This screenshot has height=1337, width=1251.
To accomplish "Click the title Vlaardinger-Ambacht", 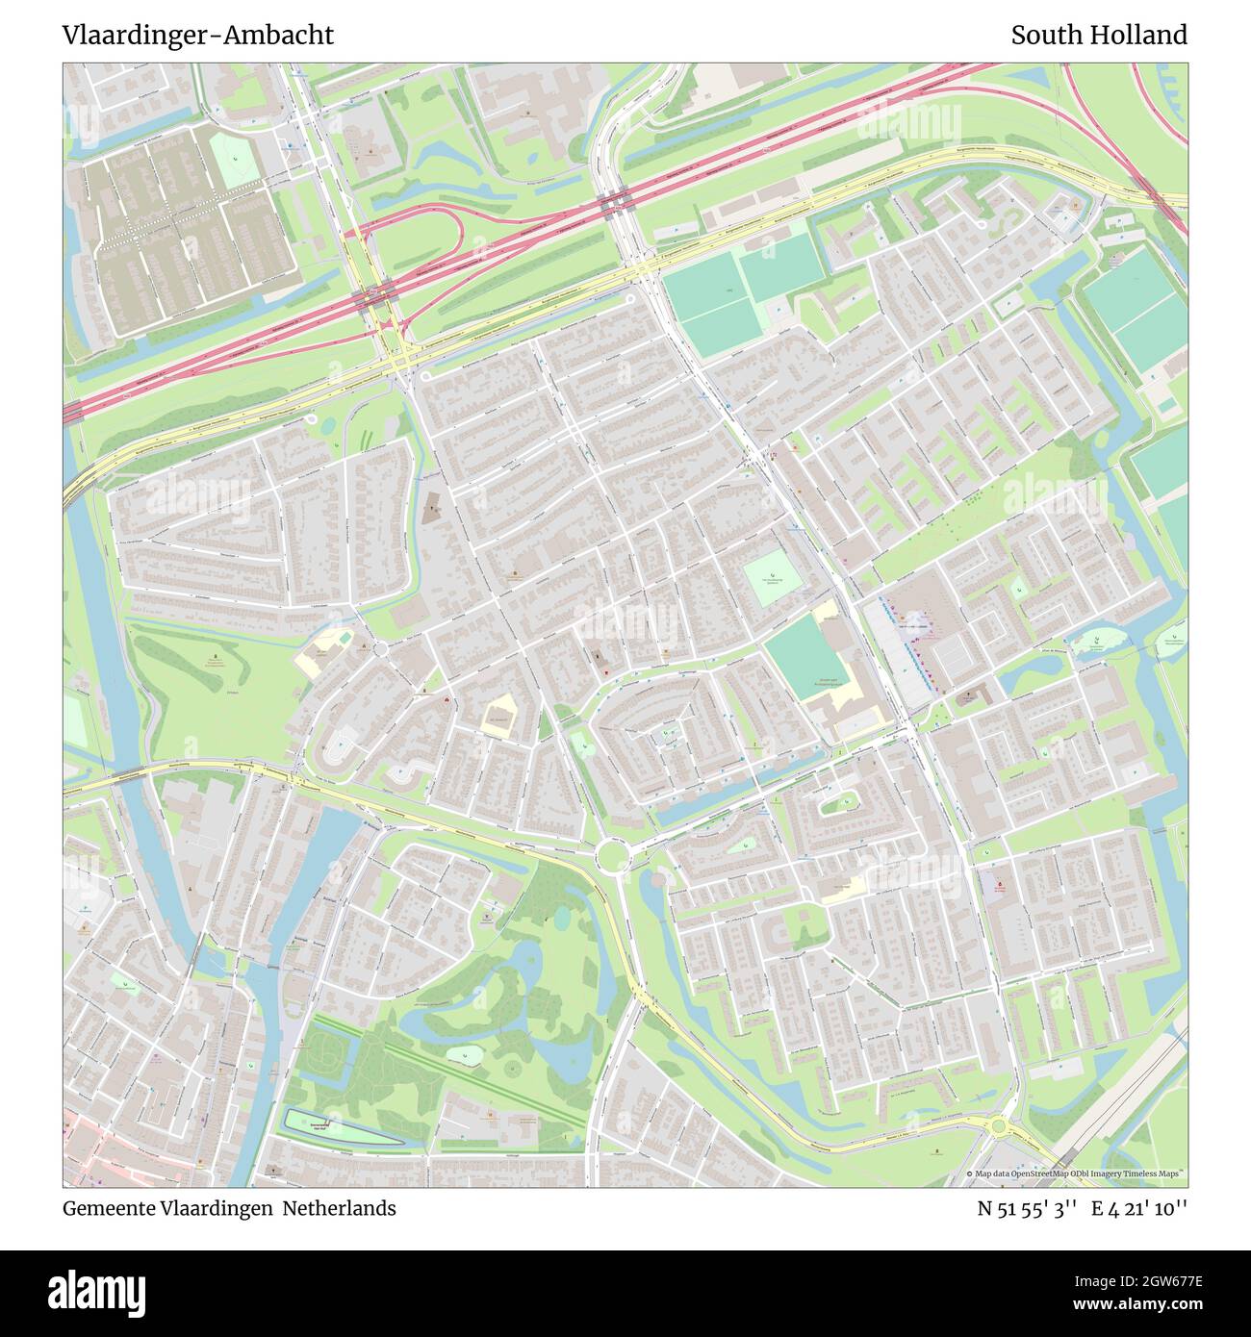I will click(197, 36).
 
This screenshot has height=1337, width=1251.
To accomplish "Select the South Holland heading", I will click(1098, 36).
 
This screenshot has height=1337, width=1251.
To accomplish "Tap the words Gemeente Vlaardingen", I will click(168, 1208).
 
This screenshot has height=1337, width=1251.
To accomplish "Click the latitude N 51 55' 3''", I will click(1026, 1208).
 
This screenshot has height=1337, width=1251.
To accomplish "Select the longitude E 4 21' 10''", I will click(1139, 1208).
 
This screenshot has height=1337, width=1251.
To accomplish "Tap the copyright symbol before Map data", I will click(970, 1174).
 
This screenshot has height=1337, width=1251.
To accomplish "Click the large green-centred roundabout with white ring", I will click(611, 854).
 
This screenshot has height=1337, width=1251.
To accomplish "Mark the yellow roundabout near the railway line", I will click(1000, 1125).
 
